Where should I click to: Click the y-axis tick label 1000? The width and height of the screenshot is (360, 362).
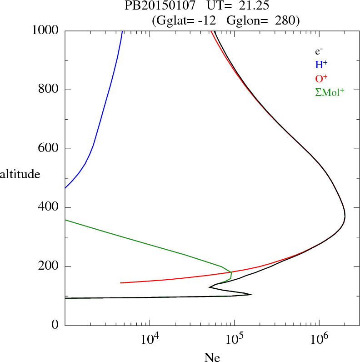tap(46, 30)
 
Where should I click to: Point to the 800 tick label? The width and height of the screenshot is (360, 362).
tap(49, 90)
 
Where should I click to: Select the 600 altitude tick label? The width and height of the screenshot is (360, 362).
tap(49, 149)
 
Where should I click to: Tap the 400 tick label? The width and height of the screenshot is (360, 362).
tap(49, 208)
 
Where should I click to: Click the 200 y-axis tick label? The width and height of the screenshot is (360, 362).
tap(49, 266)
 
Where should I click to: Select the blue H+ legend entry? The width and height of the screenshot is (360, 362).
tap(321, 65)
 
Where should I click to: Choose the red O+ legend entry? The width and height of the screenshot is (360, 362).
tap(321, 78)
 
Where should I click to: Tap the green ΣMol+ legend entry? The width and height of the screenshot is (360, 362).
tap(330, 92)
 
